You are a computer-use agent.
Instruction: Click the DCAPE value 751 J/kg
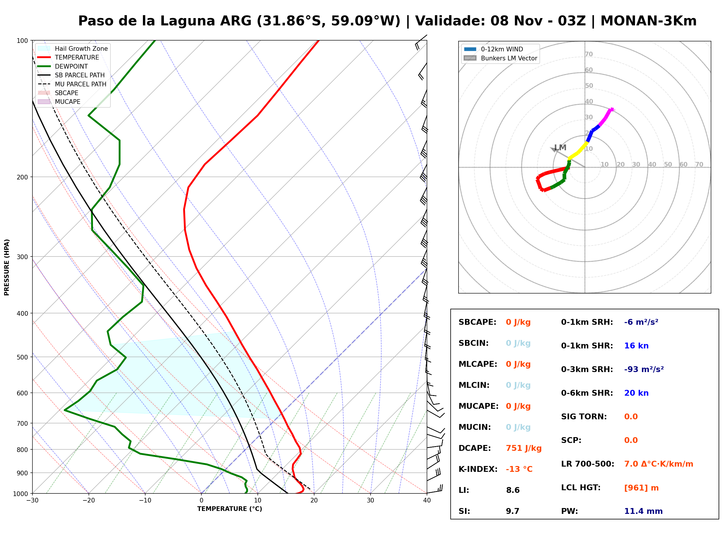pyautogui.click(x=523, y=448)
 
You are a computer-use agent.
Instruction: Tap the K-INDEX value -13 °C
pyautogui.click(x=519, y=469)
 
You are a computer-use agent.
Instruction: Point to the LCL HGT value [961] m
pyautogui.click(x=641, y=488)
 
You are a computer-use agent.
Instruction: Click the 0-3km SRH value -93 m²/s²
pyautogui.click(x=644, y=369)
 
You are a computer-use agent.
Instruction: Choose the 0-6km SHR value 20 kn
pyautogui.click(x=636, y=393)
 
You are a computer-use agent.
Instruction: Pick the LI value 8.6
pyautogui.click(x=513, y=490)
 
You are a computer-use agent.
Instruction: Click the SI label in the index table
pyautogui.click(x=464, y=511)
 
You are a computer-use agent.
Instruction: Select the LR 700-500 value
pyautogui.click(x=658, y=464)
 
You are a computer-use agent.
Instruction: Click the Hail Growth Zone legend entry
pyautogui.click(x=73, y=48)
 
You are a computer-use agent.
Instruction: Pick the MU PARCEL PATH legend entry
pyautogui.click(x=72, y=84)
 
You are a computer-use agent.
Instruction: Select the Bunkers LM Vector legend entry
pyautogui.click(x=500, y=58)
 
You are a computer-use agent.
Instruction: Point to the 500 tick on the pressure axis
pyautogui.click(x=22, y=357)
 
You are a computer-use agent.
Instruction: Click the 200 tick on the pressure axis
pyautogui.click(x=22, y=177)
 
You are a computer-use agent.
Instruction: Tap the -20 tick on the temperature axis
pyautogui.click(x=88, y=500)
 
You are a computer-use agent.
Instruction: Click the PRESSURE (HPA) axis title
pyautogui.click(x=7, y=267)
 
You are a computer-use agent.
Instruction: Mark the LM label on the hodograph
pyautogui.click(x=560, y=148)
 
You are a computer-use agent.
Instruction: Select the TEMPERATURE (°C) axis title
pyautogui.click(x=229, y=509)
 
